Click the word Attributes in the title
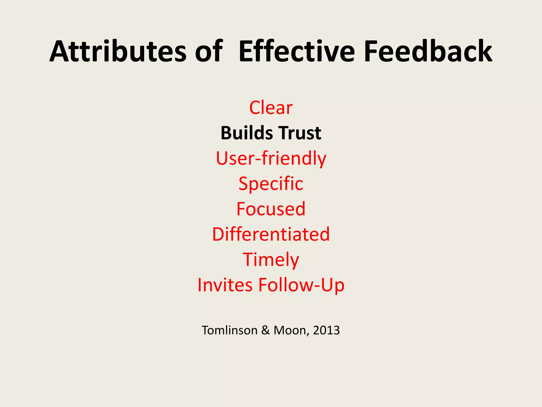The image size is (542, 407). (118, 51)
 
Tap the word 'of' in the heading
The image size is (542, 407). (209, 51)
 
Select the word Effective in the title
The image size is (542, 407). (296, 51)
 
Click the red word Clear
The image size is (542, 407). (271, 108)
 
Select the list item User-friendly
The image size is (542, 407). (271, 158)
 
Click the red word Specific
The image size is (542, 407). (271, 184)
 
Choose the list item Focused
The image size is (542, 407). (271, 209)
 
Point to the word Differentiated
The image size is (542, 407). (271, 234)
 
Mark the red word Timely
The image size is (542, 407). (271, 260)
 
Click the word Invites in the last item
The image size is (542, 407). (225, 285)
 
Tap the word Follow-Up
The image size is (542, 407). (301, 285)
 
